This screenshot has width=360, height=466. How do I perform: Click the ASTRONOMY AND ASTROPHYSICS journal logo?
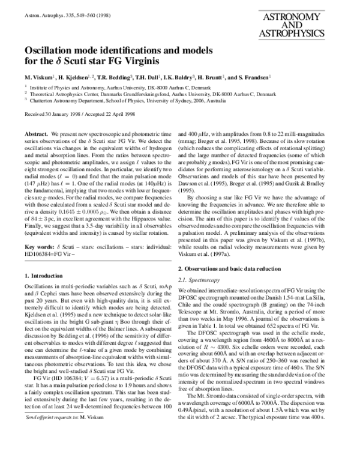pyautogui.click(x=301, y=26)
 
